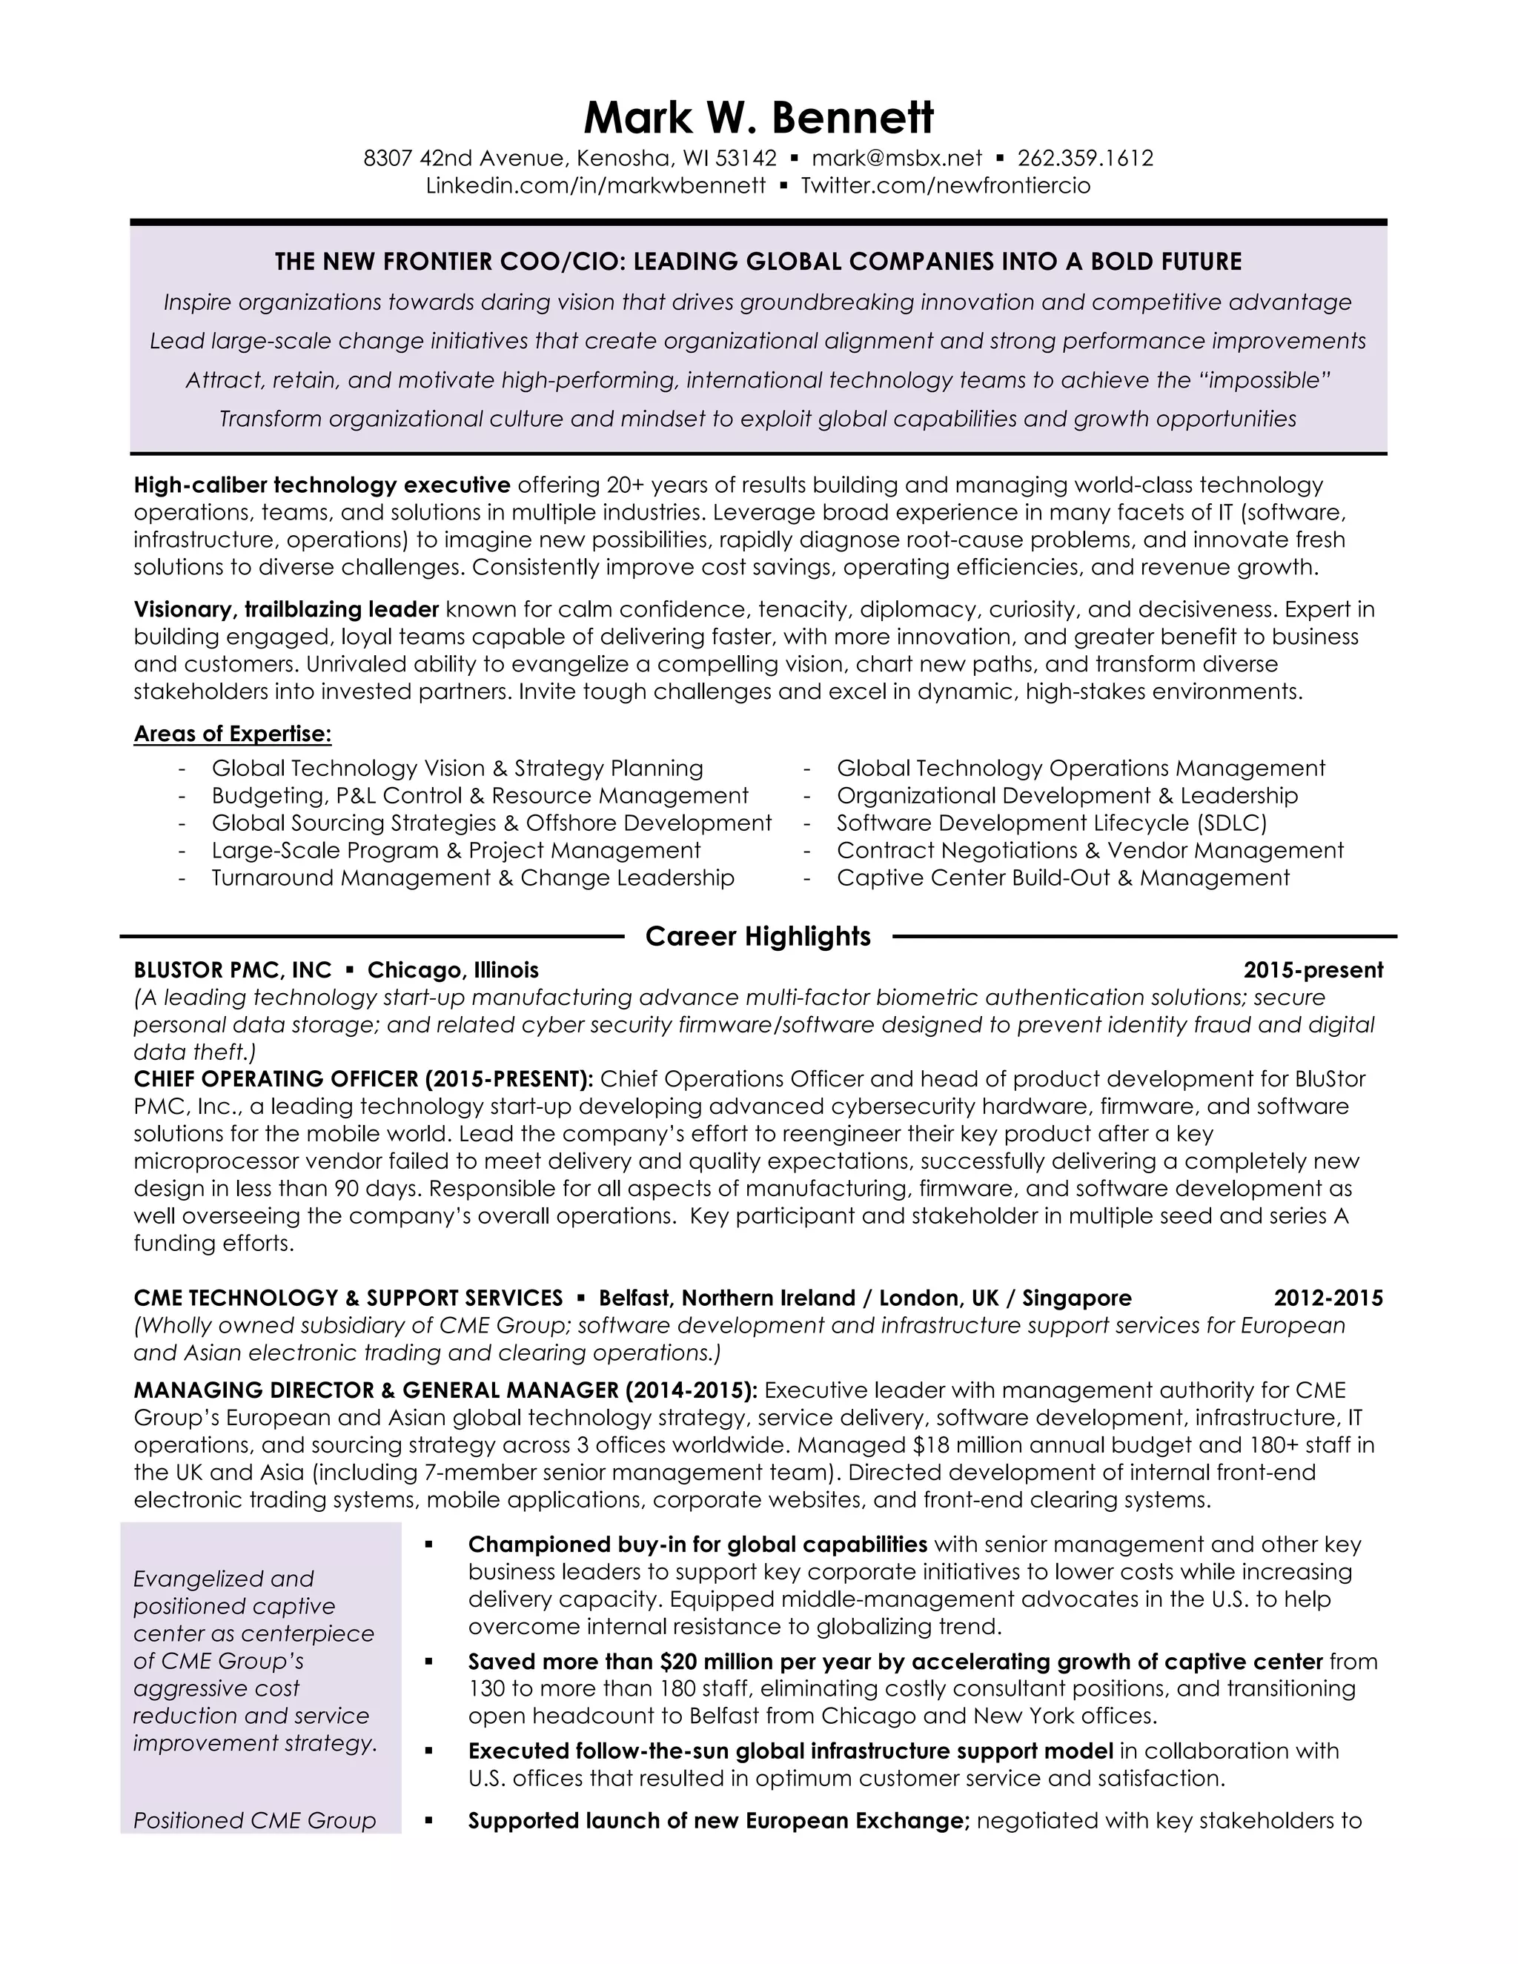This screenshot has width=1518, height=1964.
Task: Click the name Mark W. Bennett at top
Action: [x=758, y=118]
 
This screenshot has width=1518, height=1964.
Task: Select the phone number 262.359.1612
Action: [x=1084, y=159]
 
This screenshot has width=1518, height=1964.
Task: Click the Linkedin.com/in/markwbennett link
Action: [x=595, y=186]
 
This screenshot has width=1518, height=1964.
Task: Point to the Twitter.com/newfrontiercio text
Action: [x=945, y=186]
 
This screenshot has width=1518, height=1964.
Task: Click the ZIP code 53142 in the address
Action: [x=746, y=159]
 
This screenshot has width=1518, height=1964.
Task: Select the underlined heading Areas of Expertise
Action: [x=233, y=734]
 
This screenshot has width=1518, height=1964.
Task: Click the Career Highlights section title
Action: [x=758, y=936]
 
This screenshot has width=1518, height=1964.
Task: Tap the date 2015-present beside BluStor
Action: [x=1313, y=970]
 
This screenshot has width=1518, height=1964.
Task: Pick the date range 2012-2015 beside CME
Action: [x=1328, y=1298]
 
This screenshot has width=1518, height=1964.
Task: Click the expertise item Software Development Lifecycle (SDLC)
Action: [x=1051, y=823]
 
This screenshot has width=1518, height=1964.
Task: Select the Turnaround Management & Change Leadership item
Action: [x=473, y=878]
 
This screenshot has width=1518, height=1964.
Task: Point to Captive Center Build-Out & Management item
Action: [x=1063, y=878]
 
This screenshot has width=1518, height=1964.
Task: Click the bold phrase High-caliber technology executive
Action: [x=322, y=485]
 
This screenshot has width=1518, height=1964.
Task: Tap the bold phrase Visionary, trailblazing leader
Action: [x=286, y=610]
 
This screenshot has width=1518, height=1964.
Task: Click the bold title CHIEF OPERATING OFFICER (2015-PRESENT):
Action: [x=363, y=1078]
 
